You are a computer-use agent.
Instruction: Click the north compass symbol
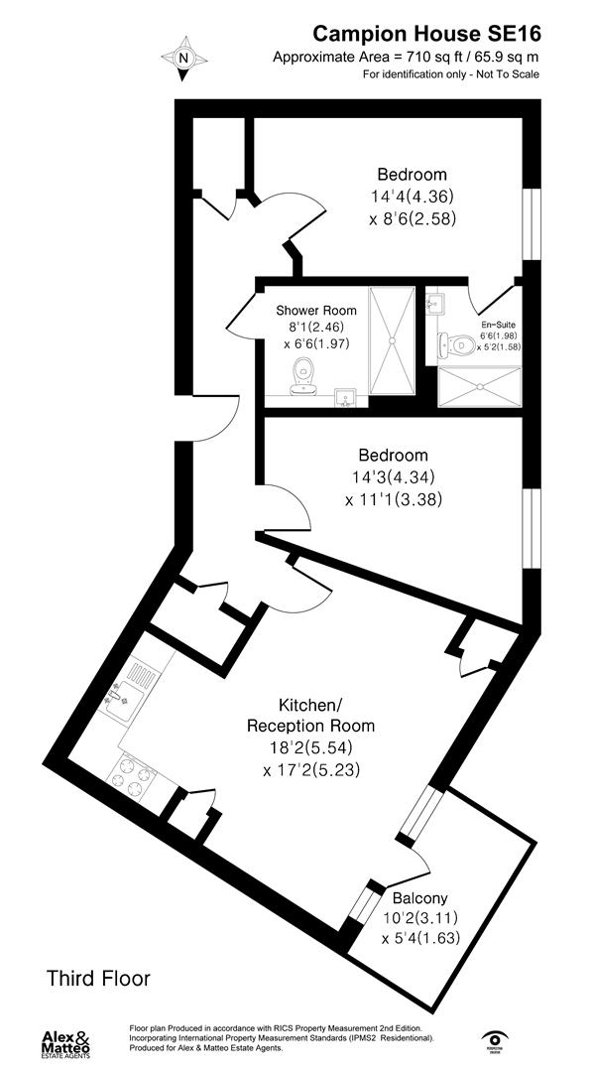click(183, 59)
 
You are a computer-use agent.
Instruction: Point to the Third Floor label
click(99, 978)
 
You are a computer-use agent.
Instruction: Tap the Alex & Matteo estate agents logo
click(66, 1042)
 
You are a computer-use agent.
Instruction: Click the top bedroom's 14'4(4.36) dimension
click(410, 197)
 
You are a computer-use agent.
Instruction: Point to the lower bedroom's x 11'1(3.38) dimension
click(394, 500)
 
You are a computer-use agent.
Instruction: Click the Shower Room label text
click(316, 311)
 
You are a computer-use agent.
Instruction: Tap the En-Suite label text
click(498, 325)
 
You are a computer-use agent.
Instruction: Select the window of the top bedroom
click(532, 223)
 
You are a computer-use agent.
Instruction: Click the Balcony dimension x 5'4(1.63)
click(419, 936)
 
